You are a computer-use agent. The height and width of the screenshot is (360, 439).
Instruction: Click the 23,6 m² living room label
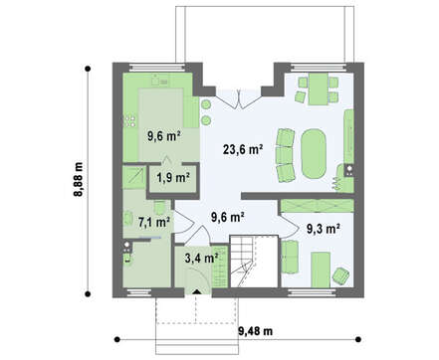(243, 149)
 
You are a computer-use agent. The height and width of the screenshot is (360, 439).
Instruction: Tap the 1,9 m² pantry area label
(173, 178)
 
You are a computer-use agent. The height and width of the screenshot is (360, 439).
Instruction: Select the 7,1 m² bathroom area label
(154, 222)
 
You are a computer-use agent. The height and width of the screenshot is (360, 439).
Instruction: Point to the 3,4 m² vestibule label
(201, 258)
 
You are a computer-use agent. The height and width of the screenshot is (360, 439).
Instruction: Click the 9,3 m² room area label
(323, 229)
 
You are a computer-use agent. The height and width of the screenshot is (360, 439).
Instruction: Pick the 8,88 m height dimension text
(79, 179)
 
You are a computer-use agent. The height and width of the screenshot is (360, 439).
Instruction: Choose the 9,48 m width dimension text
(256, 330)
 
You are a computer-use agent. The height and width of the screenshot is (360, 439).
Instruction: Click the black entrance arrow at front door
(197, 292)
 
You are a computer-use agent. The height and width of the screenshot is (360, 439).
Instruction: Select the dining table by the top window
(319, 89)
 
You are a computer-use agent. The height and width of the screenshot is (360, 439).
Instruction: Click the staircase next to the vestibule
(254, 262)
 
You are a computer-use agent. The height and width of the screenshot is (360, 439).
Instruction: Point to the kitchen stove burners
(130, 120)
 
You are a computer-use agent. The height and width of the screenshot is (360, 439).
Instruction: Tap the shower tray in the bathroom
(133, 177)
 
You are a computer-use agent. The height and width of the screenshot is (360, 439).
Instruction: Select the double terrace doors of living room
(238, 98)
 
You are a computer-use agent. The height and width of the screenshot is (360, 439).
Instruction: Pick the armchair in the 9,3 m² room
(340, 275)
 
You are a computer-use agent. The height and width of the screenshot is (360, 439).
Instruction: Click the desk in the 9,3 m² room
(321, 270)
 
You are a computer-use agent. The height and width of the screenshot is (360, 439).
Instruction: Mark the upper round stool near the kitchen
(206, 104)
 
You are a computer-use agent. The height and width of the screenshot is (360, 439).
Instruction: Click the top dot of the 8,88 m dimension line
(88, 69)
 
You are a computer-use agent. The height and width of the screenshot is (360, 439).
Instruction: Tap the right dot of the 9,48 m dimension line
(358, 339)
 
